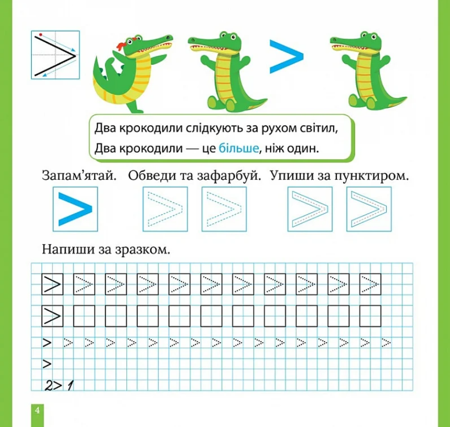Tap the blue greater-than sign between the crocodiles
point(286,56)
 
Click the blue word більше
point(239,148)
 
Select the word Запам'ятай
point(79,175)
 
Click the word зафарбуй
point(229,175)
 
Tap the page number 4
point(37,410)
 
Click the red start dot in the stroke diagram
point(41,35)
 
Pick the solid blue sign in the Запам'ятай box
point(75,209)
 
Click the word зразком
point(142,250)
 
